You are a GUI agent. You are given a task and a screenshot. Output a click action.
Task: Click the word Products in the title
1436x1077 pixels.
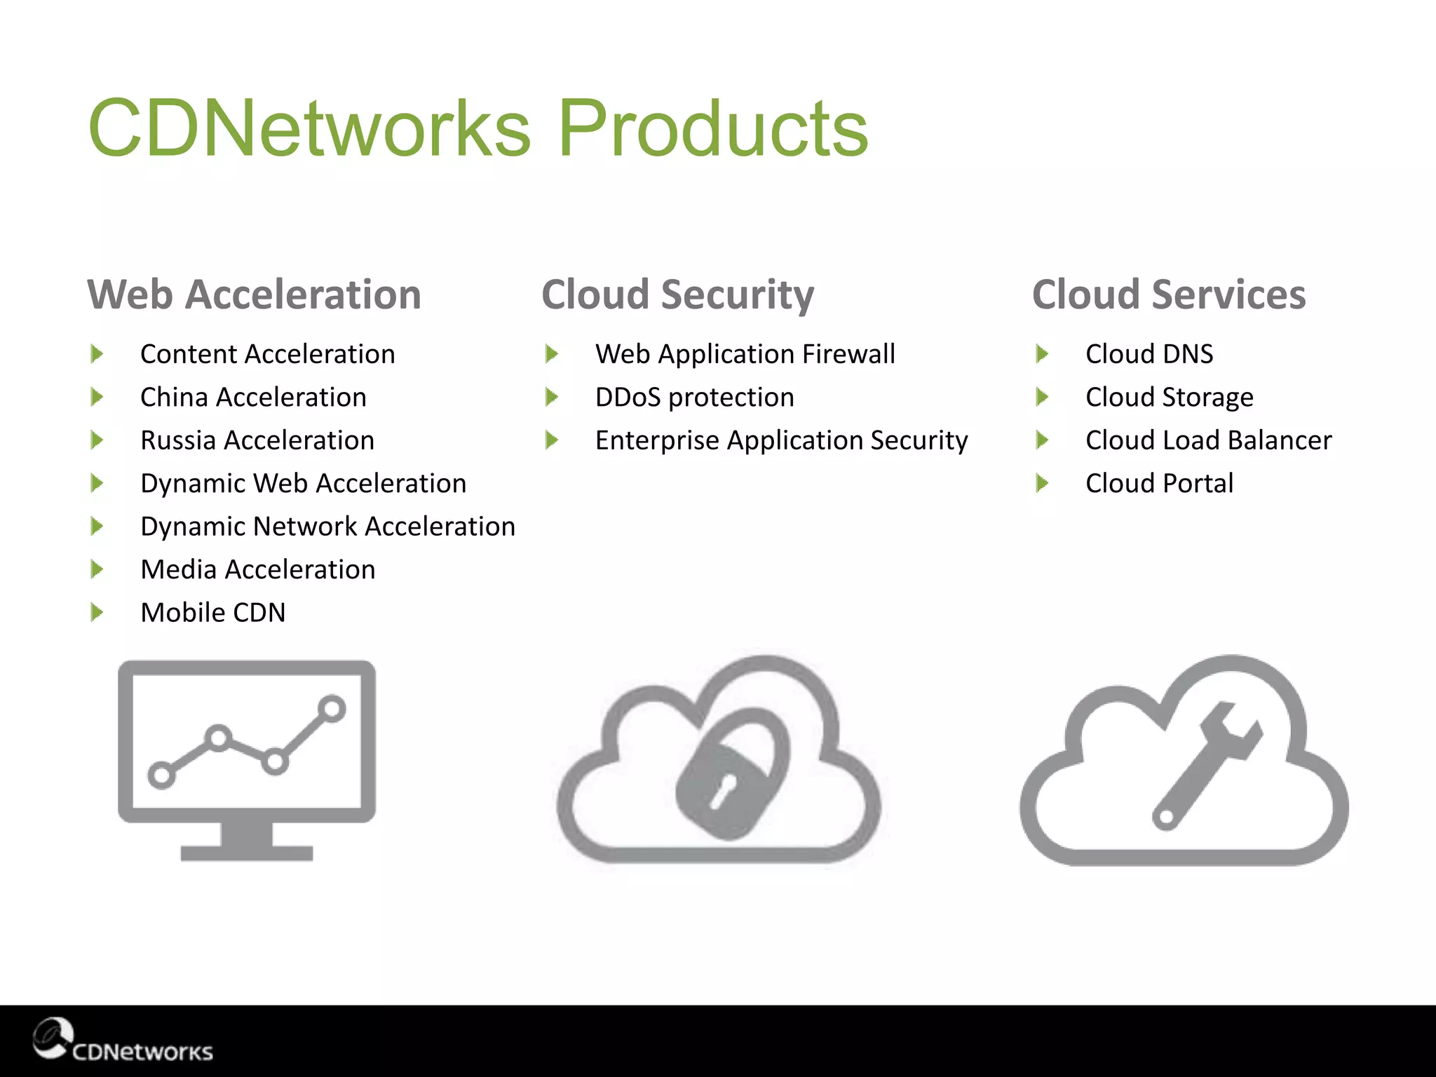point(712,128)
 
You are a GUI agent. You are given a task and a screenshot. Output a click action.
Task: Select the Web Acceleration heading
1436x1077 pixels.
point(254,294)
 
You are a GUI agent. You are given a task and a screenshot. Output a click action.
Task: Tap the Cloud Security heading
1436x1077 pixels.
point(677,294)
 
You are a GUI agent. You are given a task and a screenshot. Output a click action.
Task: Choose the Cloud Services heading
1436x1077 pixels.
point(1169,294)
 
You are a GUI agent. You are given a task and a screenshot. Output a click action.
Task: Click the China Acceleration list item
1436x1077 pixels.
point(253,398)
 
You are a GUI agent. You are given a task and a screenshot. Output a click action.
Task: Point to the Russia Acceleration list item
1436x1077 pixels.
point(257,440)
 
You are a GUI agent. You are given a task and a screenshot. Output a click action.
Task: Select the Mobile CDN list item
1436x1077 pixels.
point(212,613)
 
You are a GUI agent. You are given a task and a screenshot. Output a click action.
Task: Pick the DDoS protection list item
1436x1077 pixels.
point(694,398)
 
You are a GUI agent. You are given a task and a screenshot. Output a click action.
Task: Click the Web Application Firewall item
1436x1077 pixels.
point(745,354)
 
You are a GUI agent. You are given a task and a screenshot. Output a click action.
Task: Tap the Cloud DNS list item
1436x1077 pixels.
point(1149,354)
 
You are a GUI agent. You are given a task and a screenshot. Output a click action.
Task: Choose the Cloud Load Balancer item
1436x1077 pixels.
point(1208,440)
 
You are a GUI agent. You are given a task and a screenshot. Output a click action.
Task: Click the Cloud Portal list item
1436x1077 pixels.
point(1159,484)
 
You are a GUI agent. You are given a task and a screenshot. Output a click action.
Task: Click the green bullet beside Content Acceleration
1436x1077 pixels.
point(97,354)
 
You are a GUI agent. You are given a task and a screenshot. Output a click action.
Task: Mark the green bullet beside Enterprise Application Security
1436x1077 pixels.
point(552,440)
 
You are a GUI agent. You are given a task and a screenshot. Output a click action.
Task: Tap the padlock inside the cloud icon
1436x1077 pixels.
point(733,775)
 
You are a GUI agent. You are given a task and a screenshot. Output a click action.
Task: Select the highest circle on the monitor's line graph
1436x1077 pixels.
point(332,708)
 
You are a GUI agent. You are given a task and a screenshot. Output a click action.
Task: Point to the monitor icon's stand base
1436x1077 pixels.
point(246,853)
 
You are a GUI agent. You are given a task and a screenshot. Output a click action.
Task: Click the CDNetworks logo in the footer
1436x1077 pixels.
point(123,1041)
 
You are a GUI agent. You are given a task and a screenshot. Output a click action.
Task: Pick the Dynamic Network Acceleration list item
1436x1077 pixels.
point(327,527)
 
